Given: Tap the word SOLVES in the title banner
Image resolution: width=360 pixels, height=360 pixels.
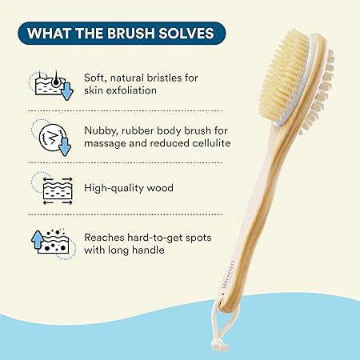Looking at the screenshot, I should click(x=187, y=34).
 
